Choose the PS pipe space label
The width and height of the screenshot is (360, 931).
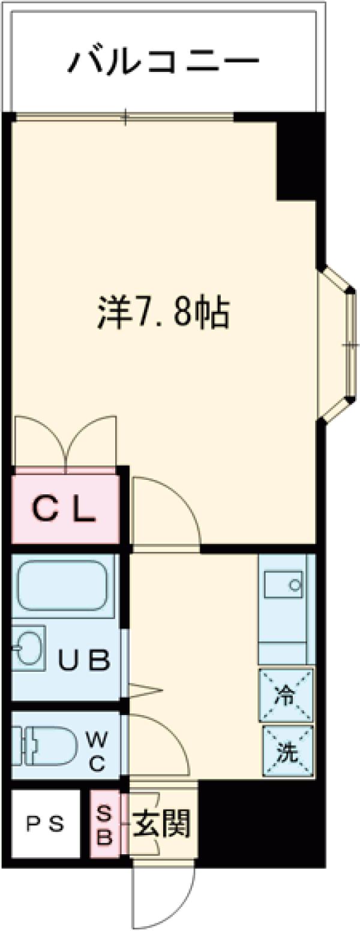(45, 824)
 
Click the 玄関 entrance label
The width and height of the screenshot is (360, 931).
(161, 824)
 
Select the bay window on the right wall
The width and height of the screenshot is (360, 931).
(340, 344)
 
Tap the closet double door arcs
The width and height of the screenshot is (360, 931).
(66, 441)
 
